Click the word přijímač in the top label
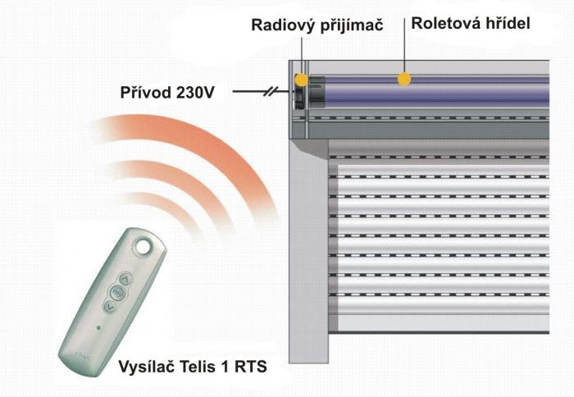point(353,25)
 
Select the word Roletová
point(443,24)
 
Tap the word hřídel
point(507,24)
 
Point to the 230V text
point(197,93)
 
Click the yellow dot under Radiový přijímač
point(302,80)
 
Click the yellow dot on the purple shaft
point(403,79)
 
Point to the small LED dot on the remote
point(98,327)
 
